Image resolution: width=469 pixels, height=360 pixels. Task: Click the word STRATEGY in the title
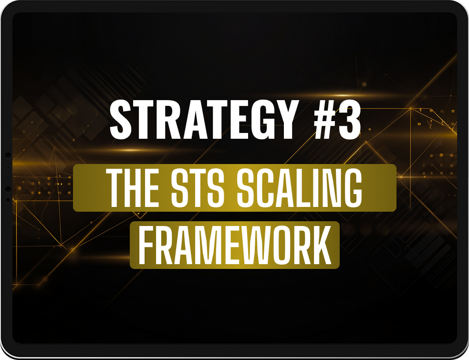point(203,120)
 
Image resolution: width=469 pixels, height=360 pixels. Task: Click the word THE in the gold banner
point(134,188)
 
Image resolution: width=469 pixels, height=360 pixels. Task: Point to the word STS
point(198,188)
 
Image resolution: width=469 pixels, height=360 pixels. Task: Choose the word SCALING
point(300,188)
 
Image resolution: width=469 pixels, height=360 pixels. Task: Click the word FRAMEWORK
point(235,245)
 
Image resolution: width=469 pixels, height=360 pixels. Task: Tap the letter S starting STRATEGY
point(121,120)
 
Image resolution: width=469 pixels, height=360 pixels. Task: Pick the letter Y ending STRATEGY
point(284,120)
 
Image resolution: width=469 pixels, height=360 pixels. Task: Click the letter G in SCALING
point(353,188)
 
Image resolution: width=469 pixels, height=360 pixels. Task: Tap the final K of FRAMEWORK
point(322,245)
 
